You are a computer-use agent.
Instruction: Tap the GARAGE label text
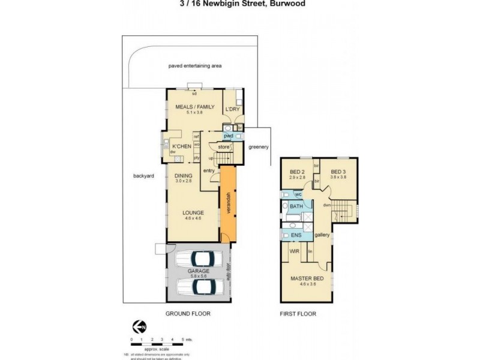point(198,271)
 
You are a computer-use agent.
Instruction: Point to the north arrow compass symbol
point(139,327)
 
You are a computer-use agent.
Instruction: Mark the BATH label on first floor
point(296,206)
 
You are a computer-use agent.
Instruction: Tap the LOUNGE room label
point(193,212)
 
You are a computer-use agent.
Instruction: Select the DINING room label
point(184,175)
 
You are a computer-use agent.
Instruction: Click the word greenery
point(259,147)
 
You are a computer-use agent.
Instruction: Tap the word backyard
point(145,176)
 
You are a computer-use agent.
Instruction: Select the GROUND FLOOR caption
point(188,314)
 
